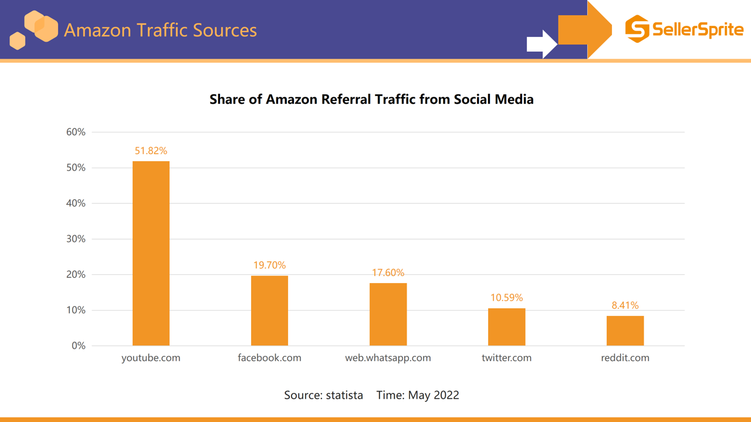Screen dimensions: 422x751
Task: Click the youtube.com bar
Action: point(151,253)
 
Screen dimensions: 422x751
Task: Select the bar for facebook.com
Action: point(269,311)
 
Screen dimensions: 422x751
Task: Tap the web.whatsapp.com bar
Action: point(388,314)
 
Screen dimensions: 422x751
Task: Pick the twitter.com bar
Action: point(506,327)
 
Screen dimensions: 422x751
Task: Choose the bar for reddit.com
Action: point(625,331)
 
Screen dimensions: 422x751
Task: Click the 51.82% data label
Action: point(151,151)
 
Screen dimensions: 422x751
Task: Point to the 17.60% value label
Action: point(388,273)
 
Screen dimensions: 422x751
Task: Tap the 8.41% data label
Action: point(625,305)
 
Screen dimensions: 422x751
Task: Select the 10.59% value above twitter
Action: point(506,298)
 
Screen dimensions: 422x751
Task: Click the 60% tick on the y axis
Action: point(76,132)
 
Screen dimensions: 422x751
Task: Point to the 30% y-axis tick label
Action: point(76,239)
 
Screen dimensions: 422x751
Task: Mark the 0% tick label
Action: point(79,346)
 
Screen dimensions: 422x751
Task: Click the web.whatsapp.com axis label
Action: point(388,358)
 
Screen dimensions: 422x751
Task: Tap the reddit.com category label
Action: point(625,358)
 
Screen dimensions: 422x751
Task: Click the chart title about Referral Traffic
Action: point(371,99)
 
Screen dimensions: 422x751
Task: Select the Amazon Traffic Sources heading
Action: point(160,30)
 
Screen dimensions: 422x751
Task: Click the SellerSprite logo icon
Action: point(637,29)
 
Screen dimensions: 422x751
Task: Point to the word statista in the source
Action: point(344,395)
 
